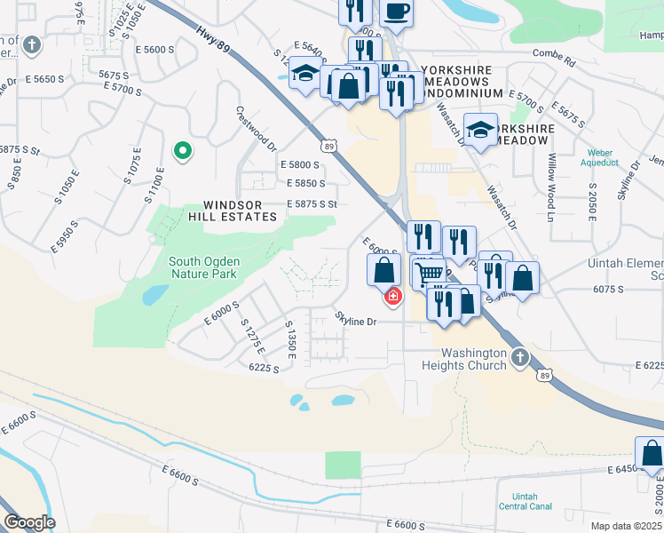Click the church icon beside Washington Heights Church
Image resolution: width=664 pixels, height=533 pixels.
[x=520, y=357]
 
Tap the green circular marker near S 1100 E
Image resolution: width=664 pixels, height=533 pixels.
[x=183, y=151]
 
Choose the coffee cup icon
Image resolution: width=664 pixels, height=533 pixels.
[x=396, y=12]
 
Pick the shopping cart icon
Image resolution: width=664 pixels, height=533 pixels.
[x=430, y=272]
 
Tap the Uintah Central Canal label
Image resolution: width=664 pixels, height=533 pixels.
[x=526, y=501]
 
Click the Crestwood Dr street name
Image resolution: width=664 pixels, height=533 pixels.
[x=257, y=129]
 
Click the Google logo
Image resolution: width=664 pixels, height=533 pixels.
[x=28, y=522]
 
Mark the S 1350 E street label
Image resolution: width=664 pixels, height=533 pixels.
[x=289, y=342]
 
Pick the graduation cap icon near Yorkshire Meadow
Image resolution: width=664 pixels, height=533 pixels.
[x=480, y=130]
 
